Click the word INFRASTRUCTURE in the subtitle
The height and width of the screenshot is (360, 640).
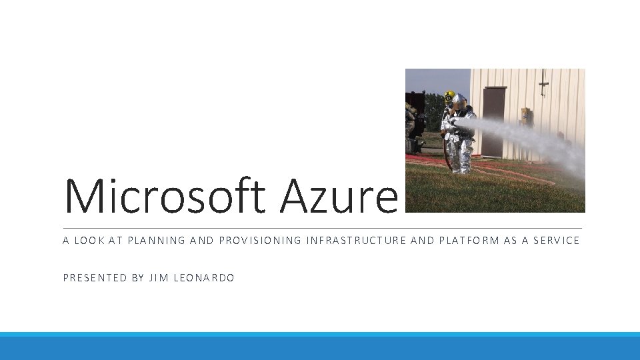point(356,241)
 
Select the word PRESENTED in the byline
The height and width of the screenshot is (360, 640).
point(95,278)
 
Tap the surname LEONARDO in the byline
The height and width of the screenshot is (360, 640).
point(204,278)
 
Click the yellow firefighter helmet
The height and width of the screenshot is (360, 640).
point(449,95)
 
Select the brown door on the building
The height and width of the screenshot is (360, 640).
point(494,120)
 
